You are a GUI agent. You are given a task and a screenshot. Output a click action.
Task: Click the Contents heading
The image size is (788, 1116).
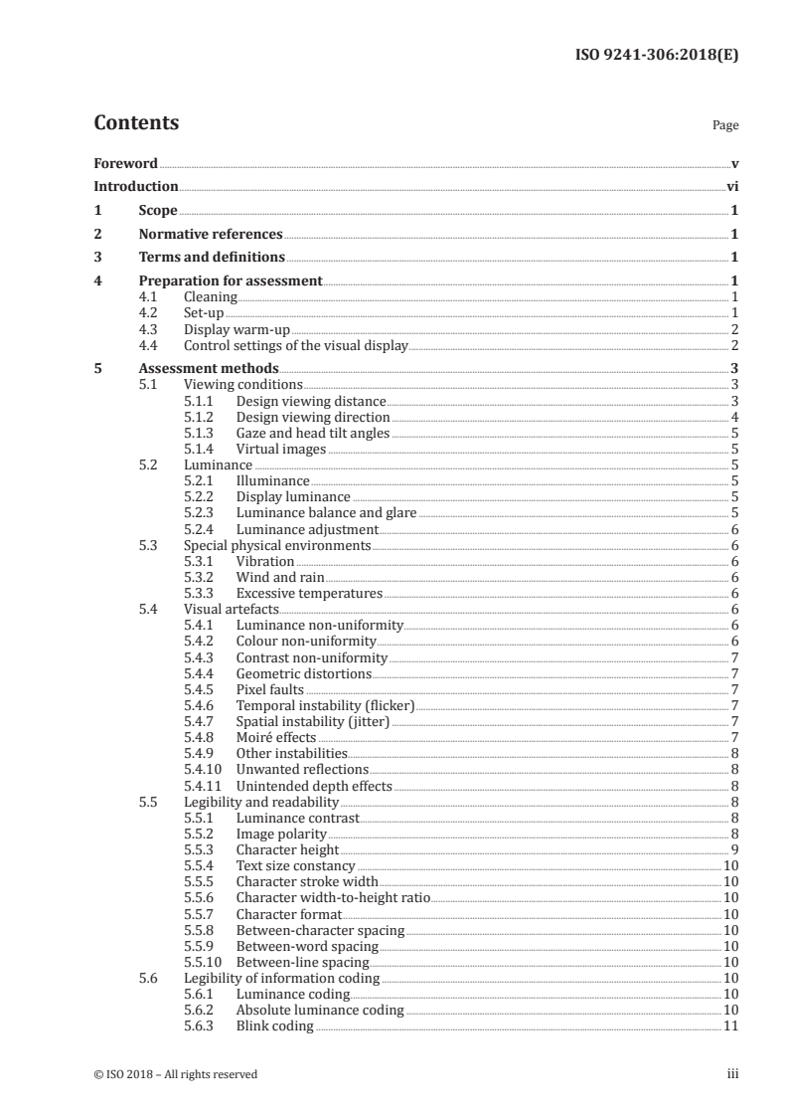click(x=136, y=123)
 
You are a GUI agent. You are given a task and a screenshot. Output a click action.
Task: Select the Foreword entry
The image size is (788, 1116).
click(x=125, y=163)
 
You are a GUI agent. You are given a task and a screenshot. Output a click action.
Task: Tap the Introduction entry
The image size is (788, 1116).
click(x=136, y=186)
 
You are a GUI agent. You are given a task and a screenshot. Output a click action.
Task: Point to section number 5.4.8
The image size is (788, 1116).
click(x=200, y=737)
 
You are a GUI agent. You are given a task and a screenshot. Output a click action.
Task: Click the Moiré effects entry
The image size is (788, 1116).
click(x=275, y=737)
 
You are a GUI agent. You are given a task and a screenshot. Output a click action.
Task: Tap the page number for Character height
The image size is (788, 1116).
click(x=732, y=849)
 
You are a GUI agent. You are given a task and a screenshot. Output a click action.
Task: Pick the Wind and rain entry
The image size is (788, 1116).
click(x=279, y=577)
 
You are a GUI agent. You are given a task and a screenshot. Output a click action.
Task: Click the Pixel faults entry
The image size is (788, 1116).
click(x=269, y=689)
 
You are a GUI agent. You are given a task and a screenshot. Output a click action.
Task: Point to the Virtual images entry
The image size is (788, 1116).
click(x=280, y=449)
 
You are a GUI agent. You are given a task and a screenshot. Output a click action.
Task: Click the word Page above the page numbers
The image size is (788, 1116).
click(x=725, y=126)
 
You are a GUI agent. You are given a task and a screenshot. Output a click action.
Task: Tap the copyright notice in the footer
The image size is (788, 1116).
click(x=175, y=1074)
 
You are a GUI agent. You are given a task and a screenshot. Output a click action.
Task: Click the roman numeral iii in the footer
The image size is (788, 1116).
click(x=732, y=1074)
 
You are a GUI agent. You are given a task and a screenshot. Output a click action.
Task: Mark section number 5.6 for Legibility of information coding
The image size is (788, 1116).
click(x=147, y=978)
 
